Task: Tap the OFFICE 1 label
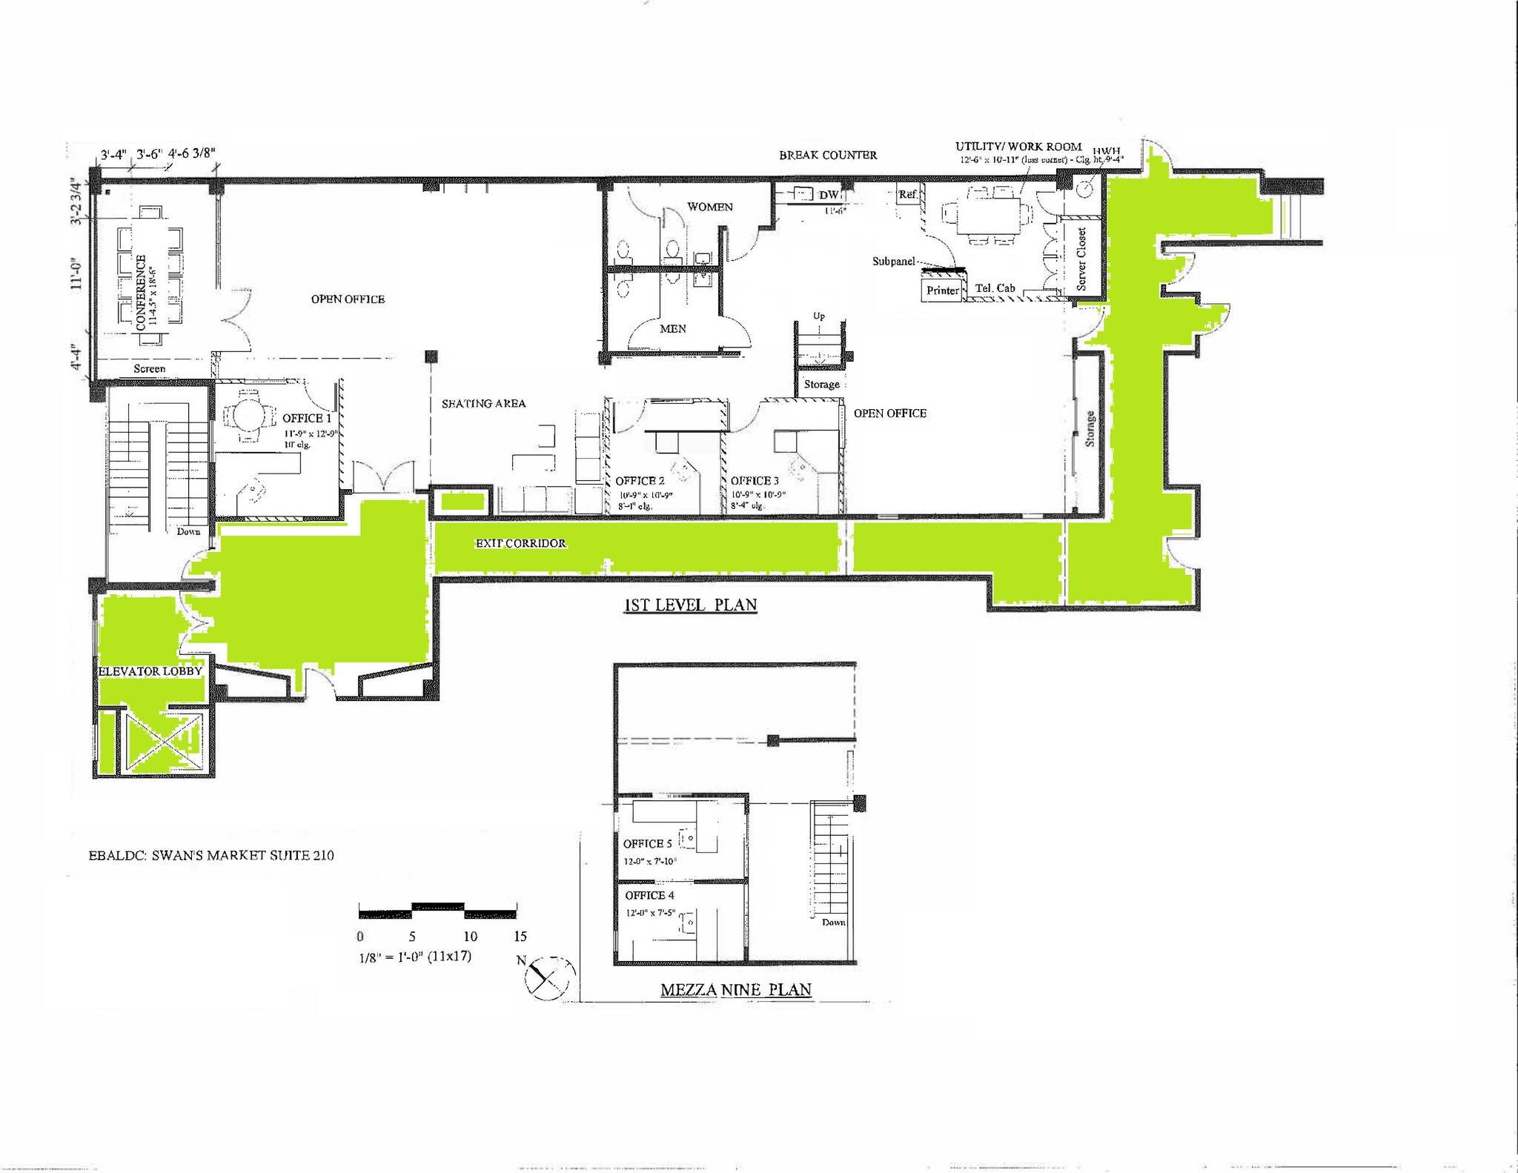pos(307,418)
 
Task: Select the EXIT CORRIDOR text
pos(521,543)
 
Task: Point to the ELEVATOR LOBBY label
pos(150,671)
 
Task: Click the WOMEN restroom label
pos(709,207)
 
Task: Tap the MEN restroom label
pos(673,328)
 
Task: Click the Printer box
pos(943,290)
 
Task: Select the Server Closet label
pos(1081,259)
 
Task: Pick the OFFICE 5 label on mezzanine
pos(647,843)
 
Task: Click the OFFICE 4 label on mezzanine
pos(649,895)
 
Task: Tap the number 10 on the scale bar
pos(470,936)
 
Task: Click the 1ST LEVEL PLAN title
pos(690,605)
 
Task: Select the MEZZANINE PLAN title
pos(735,989)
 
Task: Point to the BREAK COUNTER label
pos(828,155)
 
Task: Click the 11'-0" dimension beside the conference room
pos(76,273)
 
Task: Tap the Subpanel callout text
pos(893,262)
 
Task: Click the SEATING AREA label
pos(483,404)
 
